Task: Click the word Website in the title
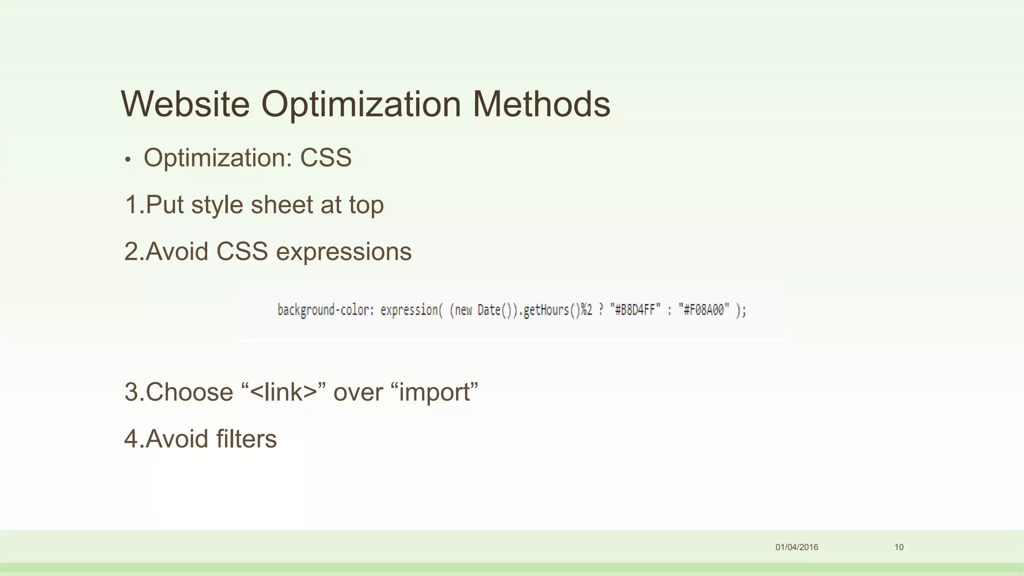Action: coord(185,104)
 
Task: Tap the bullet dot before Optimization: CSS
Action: coord(128,159)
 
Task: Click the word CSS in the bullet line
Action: coord(325,158)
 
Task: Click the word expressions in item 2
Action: coord(343,252)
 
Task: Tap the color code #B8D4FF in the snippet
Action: coord(634,310)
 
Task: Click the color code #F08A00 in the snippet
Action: coord(703,310)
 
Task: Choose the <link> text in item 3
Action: coord(283,392)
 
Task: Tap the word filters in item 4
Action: coord(246,439)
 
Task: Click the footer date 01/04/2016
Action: coord(796,547)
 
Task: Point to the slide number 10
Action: coord(899,547)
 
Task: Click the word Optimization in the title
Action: coord(361,104)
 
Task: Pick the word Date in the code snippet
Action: coord(488,310)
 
